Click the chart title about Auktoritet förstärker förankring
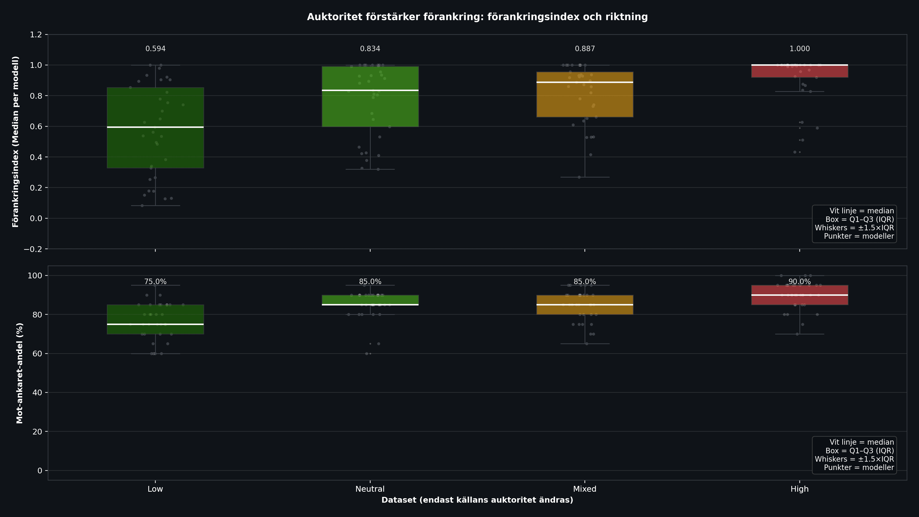coord(477,17)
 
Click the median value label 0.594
coord(155,49)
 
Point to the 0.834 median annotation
coord(370,49)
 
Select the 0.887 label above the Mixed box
coord(585,49)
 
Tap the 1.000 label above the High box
coord(799,49)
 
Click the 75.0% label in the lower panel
coord(155,281)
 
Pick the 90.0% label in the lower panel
coord(799,281)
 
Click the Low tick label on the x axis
coord(155,489)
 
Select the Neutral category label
coord(370,489)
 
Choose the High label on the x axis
coord(799,489)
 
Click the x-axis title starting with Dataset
coord(477,500)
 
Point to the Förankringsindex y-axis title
coord(15,142)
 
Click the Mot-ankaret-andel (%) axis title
coord(20,373)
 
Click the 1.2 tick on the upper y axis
coord(36,35)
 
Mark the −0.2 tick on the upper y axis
coord(33,249)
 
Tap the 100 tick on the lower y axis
coord(35,275)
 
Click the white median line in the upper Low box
coord(155,127)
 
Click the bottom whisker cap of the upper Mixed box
coord(585,177)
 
